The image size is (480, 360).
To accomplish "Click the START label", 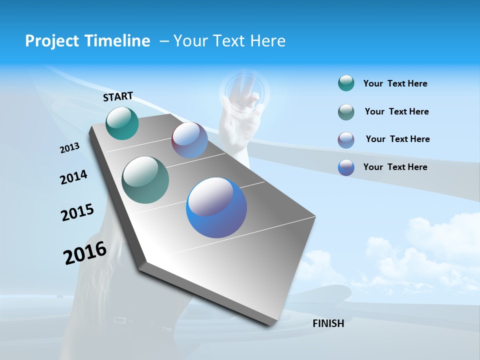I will tap(118, 96).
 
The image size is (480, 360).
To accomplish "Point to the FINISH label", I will tap(328, 323).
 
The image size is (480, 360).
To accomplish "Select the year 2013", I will tap(69, 148).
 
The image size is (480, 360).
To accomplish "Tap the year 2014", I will tap(73, 177).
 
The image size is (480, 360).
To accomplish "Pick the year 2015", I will tap(77, 212).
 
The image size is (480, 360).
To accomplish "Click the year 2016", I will tap(84, 253).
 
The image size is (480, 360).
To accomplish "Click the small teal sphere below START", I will tap(122, 123).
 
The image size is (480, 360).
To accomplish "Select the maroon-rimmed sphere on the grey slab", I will tap(189, 140).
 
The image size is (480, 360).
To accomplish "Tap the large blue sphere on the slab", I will tap(216, 207).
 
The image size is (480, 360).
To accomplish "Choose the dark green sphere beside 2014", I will tap(145, 180).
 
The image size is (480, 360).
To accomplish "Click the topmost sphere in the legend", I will tap(346, 83).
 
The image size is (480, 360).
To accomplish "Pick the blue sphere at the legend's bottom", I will tap(346, 167).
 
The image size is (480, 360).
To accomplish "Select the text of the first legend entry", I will tap(395, 83).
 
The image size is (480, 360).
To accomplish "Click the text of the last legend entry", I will tap(395, 167).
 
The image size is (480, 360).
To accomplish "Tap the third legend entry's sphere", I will tap(346, 140).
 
